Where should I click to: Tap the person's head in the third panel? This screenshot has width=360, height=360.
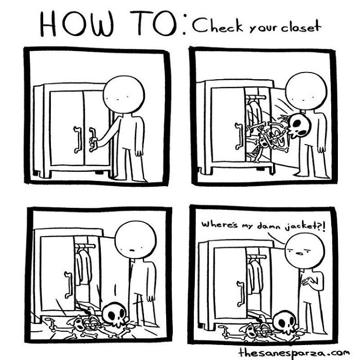pyautogui.click(x=134, y=242)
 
